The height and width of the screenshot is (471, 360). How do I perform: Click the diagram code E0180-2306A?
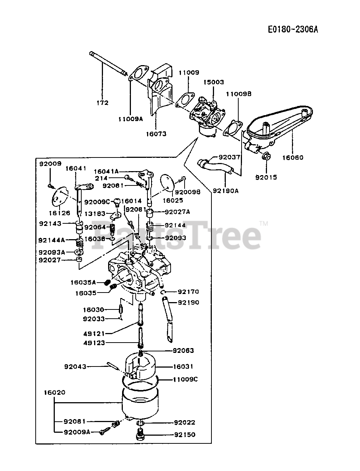click(293, 29)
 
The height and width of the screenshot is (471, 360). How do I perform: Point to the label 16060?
click(293, 157)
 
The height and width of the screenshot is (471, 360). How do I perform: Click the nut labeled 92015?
click(266, 156)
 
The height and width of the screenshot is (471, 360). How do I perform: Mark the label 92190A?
click(226, 191)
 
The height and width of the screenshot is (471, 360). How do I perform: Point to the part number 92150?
click(185, 435)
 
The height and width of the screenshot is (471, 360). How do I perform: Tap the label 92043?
click(75, 366)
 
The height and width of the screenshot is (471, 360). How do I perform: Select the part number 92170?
click(188, 292)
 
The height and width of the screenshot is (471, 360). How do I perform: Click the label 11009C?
click(185, 379)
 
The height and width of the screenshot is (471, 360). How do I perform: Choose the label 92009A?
click(76, 432)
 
